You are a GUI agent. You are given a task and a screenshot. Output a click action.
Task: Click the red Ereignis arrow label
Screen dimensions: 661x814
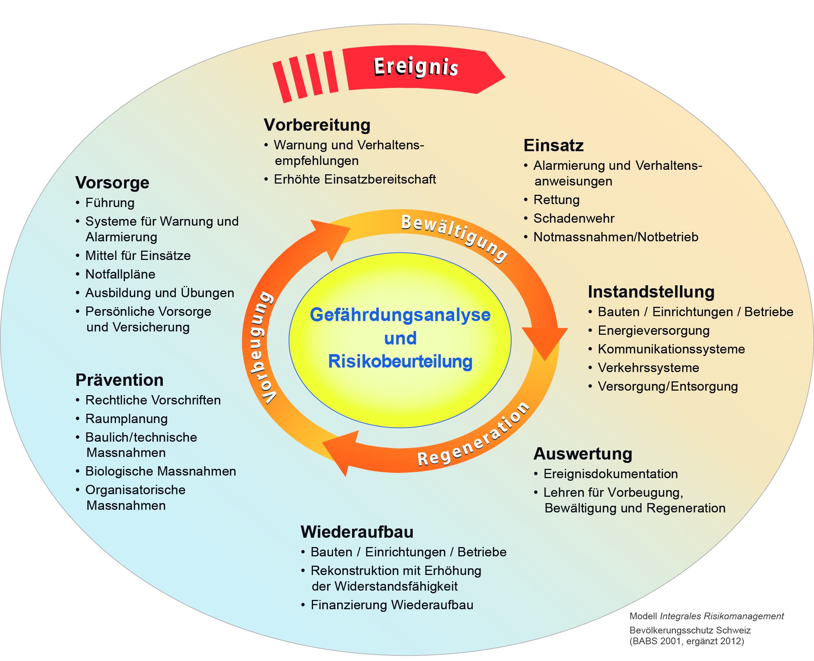[x=416, y=67]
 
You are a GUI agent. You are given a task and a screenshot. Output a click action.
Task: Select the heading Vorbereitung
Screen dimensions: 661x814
[x=317, y=125]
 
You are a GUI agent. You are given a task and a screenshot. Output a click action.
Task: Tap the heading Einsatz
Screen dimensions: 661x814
[x=553, y=146]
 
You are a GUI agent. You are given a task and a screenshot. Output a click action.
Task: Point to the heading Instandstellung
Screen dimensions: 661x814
[x=651, y=292]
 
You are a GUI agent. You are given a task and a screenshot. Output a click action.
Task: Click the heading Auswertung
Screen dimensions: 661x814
[x=583, y=454]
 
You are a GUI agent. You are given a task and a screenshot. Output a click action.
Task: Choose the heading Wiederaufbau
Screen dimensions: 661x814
[x=357, y=532]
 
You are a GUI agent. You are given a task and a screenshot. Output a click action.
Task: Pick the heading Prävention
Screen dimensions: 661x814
[x=119, y=380]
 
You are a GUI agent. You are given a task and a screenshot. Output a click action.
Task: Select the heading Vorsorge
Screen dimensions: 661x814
[x=112, y=183]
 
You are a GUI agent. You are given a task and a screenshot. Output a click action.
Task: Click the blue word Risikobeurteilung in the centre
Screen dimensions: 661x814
[x=400, y=361]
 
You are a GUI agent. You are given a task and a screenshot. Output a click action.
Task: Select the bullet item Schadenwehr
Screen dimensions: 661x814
[x=574, y=219]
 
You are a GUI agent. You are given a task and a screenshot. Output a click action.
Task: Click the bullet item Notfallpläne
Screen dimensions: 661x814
[x=120, y=274]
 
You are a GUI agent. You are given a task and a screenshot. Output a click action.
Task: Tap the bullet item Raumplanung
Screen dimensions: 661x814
[x=126, y=419]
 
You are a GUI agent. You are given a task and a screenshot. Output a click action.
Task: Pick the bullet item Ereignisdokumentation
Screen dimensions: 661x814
[x=610, y=474]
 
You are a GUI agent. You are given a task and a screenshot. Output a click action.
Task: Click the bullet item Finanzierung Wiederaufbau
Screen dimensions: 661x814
[x=392, y=605]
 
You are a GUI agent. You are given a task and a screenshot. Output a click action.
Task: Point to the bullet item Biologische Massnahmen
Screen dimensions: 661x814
[x=160, y=471]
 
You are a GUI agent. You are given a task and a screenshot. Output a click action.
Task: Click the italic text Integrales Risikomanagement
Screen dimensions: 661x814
[x=722, y=616]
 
